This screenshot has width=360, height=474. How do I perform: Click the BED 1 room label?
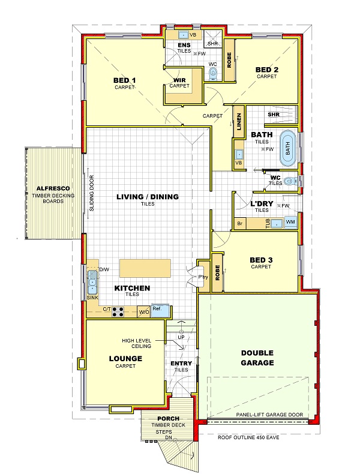(x=125, y=80)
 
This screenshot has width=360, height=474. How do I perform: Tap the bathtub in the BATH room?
(x=288, y=148)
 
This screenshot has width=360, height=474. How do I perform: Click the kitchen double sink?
(x=92, y=283)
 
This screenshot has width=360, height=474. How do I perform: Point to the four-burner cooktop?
(x=118, y=311)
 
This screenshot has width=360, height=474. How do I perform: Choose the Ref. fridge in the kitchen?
(x=160, y=310)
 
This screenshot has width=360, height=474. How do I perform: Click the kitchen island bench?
(x=145, y=268)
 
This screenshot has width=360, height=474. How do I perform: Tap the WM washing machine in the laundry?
(x=290, y=223)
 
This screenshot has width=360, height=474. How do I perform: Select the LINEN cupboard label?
(x=239, y=122)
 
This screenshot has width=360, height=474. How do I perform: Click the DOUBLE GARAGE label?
(x=257, y=358)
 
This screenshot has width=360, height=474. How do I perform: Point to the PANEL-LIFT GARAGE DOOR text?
(x=269, y=415)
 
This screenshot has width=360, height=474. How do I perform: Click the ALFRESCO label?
(x=53, y=188)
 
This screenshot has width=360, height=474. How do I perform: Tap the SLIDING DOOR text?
(x=92, y=193)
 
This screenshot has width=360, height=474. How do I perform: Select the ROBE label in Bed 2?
(x=229, y=60)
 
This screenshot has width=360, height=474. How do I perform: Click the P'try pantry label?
(x=203, y=277)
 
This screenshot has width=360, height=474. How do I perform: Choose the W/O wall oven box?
(x=144, y=311)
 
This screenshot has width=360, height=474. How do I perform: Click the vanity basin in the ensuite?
(x=183, y=35)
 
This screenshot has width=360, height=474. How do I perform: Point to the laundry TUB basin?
(x=276, y=223)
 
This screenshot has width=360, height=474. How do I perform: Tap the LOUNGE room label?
(x=125, y=359)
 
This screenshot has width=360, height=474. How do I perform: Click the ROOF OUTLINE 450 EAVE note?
(x=248, y=437)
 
